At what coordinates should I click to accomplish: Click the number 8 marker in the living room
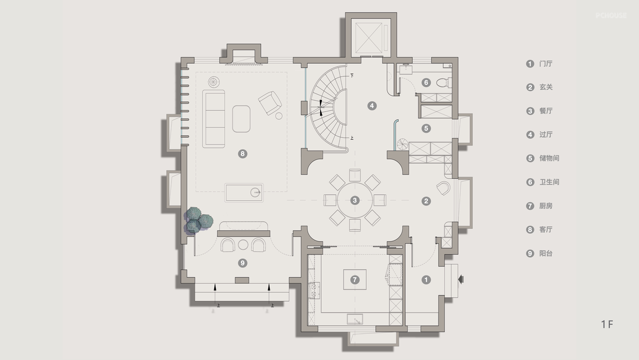243,154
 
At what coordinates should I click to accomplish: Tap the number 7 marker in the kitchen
354,279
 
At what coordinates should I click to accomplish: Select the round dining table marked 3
354,200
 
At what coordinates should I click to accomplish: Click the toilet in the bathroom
443,83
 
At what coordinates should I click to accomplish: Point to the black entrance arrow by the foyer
461,279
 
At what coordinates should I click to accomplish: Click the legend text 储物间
549,158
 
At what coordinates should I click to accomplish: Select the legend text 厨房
546,206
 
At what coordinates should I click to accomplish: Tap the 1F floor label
607,324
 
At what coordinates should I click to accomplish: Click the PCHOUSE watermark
611,15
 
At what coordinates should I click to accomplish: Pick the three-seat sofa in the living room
214,118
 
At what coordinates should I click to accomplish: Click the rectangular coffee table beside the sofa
241,118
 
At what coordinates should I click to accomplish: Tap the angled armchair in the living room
270,102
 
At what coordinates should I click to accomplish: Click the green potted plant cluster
198,221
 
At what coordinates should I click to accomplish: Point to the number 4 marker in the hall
372,105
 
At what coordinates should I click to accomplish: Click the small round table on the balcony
243,245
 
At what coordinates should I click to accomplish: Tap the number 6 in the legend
530,182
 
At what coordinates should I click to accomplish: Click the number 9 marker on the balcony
243,263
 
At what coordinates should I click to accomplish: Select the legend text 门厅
546,63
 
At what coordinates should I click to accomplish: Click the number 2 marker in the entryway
426,201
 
